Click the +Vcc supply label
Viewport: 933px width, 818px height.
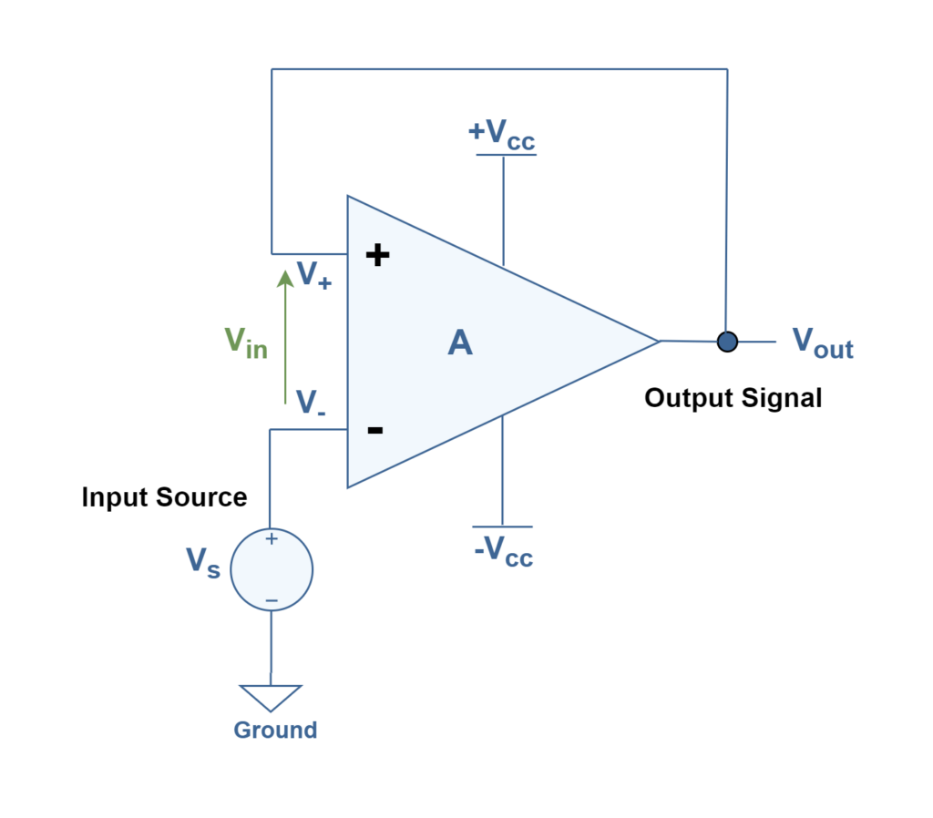502,134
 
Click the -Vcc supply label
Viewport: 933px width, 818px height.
503,551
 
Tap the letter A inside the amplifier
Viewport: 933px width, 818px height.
460,343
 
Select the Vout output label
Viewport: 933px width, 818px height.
822,343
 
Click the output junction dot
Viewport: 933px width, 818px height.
727,342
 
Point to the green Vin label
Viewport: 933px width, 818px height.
245,342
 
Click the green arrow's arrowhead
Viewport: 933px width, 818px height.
285,277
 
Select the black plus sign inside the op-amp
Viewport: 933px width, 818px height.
377,254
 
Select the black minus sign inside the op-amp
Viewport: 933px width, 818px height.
374,430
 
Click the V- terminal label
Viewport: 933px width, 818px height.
311,403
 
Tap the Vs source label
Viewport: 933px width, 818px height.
202,561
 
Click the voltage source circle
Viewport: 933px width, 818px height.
272,569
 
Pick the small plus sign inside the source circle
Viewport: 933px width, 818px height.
271,539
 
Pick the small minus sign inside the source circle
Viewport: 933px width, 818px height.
271,600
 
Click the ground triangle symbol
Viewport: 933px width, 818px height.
271,697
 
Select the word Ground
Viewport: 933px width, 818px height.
275,730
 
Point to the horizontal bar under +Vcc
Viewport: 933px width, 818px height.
506,155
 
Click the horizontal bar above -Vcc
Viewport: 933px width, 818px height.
502,527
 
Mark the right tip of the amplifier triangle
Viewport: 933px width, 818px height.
657,342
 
